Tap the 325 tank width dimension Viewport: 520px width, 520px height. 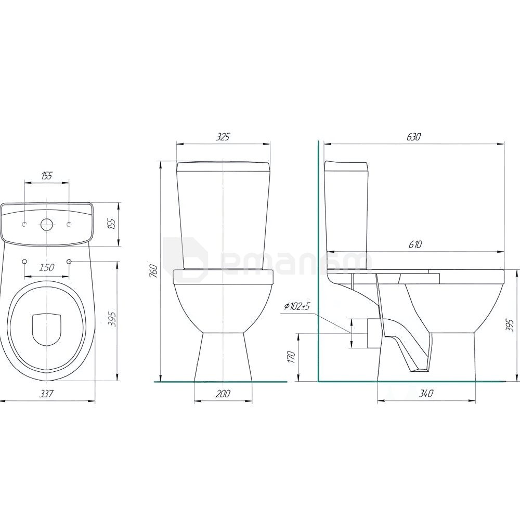point(223,137)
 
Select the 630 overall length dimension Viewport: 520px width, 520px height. point(413,137)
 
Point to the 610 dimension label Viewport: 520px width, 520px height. point(415,244)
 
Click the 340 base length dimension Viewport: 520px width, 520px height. point(426,394)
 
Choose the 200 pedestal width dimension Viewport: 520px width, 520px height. point(223,394)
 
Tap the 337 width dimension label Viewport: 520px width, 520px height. point(46,394)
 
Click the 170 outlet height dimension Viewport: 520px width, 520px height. point(292,357)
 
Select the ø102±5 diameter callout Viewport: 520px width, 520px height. point(296,306)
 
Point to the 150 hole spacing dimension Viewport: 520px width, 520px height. point(46,267)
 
